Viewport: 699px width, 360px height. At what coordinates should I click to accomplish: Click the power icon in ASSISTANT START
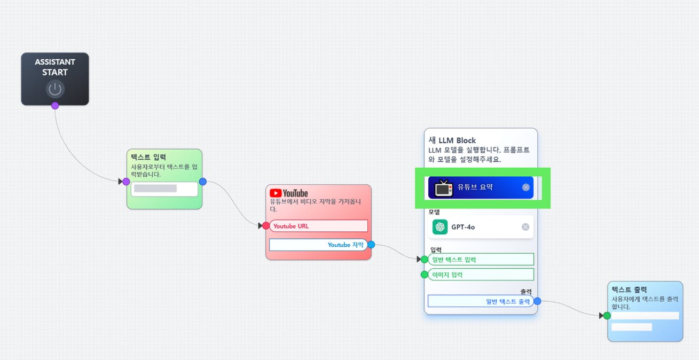click(55, 89)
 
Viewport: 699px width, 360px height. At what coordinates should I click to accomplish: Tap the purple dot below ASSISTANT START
click(55, 106)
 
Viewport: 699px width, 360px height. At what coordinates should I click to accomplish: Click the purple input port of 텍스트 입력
click(126, 182)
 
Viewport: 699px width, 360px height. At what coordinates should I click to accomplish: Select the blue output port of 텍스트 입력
click(202, 182)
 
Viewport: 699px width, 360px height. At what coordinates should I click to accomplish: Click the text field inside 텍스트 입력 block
click(164, 189)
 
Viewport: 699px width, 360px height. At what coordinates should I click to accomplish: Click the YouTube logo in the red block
click(289, 193)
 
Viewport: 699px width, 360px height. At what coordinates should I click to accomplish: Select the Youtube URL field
click(319, 226)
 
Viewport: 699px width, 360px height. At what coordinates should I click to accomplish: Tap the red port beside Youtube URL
click(266, 226)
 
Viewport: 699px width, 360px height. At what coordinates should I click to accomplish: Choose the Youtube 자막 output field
click(318, 245)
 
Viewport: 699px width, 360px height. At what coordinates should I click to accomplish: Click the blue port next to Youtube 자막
click(371, 245)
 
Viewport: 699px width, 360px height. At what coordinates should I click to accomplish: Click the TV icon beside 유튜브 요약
click(444, 187)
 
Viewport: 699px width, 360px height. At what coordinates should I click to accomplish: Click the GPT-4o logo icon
click(440, 227)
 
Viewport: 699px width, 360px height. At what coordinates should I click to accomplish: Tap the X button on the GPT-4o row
click(525, 227)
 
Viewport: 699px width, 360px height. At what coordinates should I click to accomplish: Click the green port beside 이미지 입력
click(425, 275)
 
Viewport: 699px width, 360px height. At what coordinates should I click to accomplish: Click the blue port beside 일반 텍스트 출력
click(537, 301)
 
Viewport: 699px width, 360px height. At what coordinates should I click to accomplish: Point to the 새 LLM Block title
click(452, 140)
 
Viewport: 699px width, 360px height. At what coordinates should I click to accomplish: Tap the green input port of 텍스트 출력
click(607, 316)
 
